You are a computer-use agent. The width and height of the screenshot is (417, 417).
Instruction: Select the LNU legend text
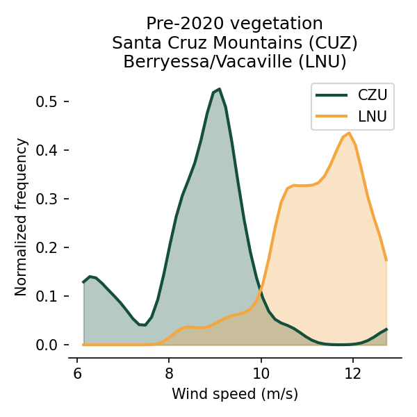click(373, 116)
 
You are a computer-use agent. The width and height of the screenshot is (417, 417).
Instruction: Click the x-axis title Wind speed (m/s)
click(235, 395)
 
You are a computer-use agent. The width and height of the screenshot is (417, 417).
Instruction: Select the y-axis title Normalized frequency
click(22, 217)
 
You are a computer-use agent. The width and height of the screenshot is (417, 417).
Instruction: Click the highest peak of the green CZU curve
click(219, 89)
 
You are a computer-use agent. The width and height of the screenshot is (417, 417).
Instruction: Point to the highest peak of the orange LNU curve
click(349, 133)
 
